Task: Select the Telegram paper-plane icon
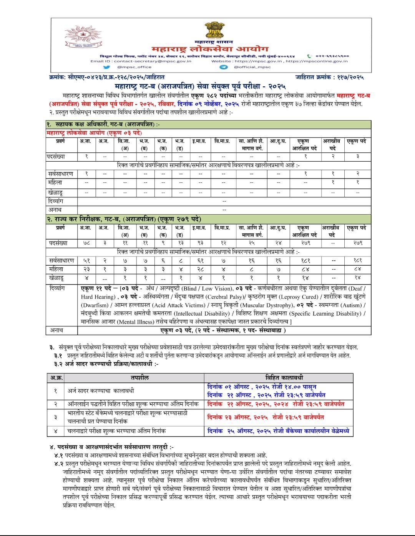[x=224, y=67]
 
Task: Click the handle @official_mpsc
[x=252, y=67]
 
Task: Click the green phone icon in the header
[x=309, y=56]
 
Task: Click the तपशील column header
[x=134, y=378]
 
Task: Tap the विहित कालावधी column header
[x=279, y=378]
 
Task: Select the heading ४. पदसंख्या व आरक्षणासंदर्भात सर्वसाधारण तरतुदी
[x=111, y=447]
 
